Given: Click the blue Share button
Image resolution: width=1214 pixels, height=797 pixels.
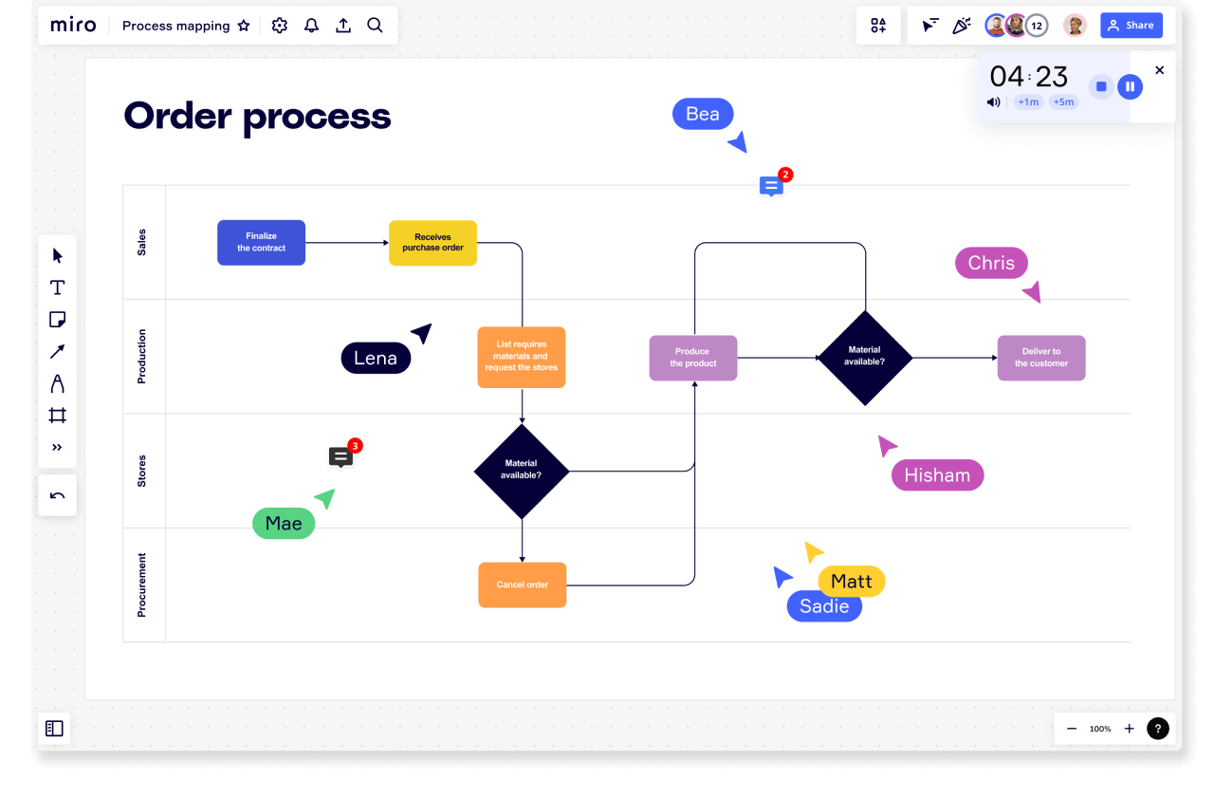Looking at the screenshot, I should click(x=1131, y=26).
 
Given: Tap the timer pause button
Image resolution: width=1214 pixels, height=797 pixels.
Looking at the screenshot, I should click(x=1129, y=86).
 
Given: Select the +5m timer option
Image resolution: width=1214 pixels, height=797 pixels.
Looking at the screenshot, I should click(x=1063, y=102).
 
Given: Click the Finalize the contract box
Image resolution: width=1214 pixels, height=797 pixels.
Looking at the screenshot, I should click(x=261, y=243).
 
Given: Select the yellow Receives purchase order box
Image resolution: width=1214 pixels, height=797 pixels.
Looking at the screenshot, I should click(x=432, y=243).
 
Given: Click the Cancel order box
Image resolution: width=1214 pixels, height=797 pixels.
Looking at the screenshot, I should click(x=522, y=584).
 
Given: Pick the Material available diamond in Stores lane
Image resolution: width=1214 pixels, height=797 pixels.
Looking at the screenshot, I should click(x=522, y=471).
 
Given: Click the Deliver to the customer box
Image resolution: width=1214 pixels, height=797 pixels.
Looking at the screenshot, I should click(x=1040, y=358).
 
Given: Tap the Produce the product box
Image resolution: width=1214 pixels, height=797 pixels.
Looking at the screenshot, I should click(x=692, y=358).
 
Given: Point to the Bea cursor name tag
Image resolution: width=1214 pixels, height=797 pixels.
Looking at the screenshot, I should click(x=702, y=114).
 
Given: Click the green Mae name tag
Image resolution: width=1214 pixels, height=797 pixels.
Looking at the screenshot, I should click(x=283, y=523).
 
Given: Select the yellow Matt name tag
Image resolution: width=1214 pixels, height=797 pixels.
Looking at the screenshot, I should click(x=851, y=581).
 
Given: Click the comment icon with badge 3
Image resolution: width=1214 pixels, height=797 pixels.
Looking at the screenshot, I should click(x=340, y=457).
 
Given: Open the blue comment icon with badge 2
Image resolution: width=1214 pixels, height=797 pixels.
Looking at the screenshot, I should click(x=771, y=186).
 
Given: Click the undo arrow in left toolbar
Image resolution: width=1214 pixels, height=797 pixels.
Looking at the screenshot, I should click(x=57, y=495).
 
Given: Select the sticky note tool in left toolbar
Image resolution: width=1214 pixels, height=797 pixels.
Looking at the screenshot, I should click(x=57, y=320).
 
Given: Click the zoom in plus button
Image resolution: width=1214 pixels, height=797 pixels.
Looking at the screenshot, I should click(x=1129, y=729).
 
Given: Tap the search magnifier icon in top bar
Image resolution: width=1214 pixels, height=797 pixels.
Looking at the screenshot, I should click(x=375, y=26).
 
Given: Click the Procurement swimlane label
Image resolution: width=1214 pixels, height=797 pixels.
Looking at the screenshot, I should click(x=142, y=585).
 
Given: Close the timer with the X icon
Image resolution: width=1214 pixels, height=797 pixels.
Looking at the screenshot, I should click(x=1159, y=70).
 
